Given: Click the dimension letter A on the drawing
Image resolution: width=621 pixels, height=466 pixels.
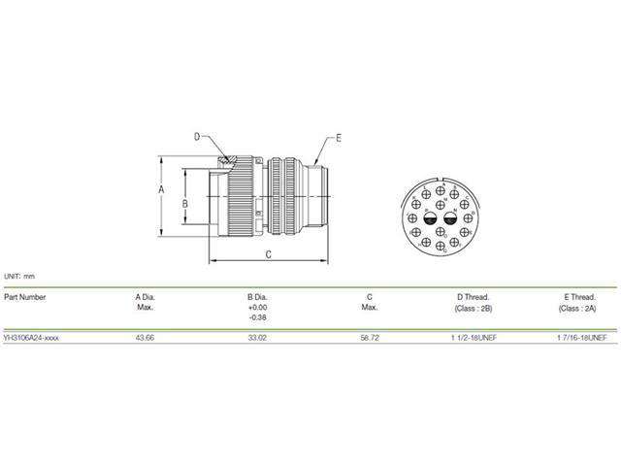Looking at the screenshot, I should (161, 191).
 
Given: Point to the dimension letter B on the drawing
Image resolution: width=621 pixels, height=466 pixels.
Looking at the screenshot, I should (184, 204).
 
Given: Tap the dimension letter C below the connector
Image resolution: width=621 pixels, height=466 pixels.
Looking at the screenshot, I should (268, 254).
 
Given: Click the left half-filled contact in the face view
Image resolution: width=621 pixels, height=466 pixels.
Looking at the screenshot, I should (424, 220).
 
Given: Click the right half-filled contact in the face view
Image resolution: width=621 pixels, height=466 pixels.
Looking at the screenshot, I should (449, 220).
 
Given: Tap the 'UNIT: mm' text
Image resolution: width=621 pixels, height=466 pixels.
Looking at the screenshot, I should (19, 276).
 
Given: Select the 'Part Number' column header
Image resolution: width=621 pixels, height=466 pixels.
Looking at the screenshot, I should (25, 297).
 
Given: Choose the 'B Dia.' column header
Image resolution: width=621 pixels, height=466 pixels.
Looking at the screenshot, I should (257, 297).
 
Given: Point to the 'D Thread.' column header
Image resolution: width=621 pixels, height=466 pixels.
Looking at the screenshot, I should (473, 297).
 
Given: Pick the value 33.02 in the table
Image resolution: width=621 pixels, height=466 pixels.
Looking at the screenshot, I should (257, 337).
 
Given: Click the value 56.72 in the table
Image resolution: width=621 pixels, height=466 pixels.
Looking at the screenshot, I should (369, 337).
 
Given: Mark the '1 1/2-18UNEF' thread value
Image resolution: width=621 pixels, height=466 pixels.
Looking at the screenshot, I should (473, 337).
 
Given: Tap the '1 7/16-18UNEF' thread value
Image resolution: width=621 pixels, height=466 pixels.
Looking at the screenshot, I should (579, 337).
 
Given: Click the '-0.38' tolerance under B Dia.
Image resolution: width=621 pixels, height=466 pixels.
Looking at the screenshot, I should (257, 317).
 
